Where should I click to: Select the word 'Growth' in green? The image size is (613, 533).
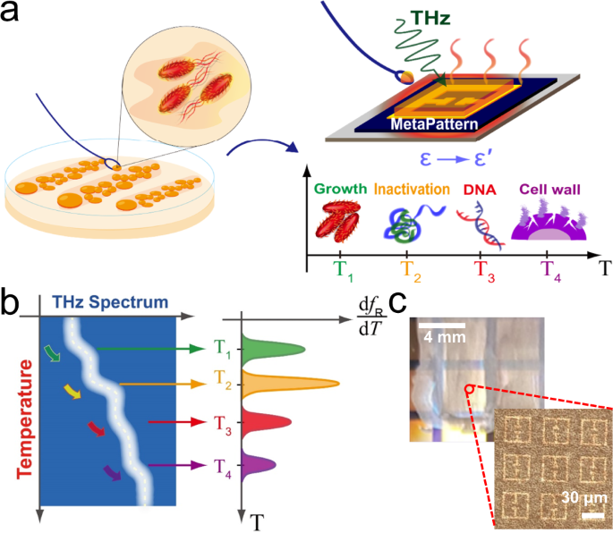coord(340,190)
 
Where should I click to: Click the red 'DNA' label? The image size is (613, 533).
coord(476,190)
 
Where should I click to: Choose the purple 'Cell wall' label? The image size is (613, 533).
coord(547,190)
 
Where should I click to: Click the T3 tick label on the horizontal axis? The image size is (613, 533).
coord(480,271)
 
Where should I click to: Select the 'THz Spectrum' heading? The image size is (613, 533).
coord(107,301)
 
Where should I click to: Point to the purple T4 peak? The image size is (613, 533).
coord(264,465)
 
